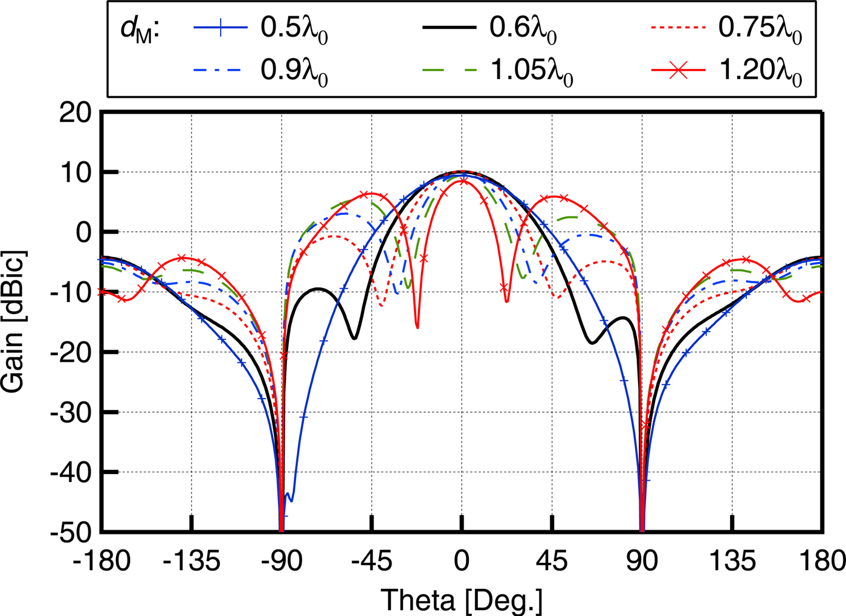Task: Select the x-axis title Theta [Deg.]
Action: click(462, 600)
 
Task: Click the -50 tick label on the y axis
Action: click(70, 532)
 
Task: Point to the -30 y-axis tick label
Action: click(70, 412)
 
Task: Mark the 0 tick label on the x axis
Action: click(462, 562)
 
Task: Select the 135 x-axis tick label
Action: click(732, 562)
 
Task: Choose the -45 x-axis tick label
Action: click(372, 562)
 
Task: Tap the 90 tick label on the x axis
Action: click(642, 562)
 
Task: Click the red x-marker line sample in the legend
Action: click(678, 71)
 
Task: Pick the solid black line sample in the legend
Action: click(449, 28)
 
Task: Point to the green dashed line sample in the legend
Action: click(449, 71)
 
